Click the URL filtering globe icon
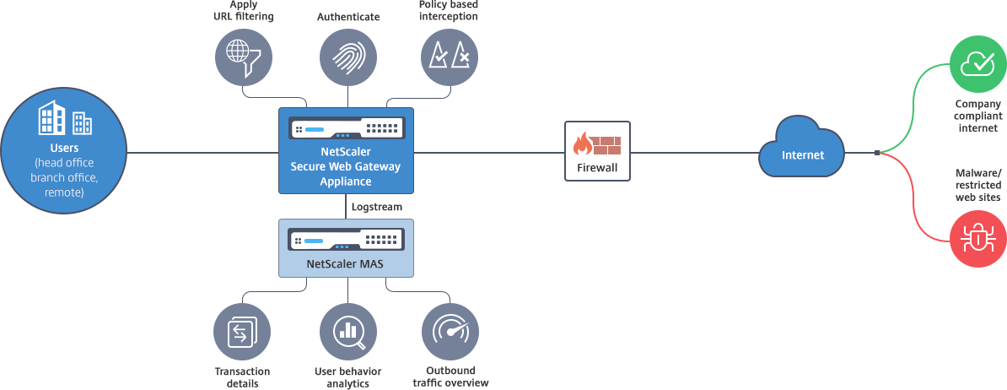coord(243,56)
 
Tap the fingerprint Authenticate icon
coord(347,57)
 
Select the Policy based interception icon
coord(450,57)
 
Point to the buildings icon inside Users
coord(64,119)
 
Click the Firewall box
coord(597,152)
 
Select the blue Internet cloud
coord(801,153)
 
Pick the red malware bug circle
coord(978,240)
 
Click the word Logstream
coord(376,206)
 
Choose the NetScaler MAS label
coord(345,264)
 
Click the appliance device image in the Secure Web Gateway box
coord(345,129)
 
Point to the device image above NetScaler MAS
coord(346,240)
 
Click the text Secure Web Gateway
coord(345,167)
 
